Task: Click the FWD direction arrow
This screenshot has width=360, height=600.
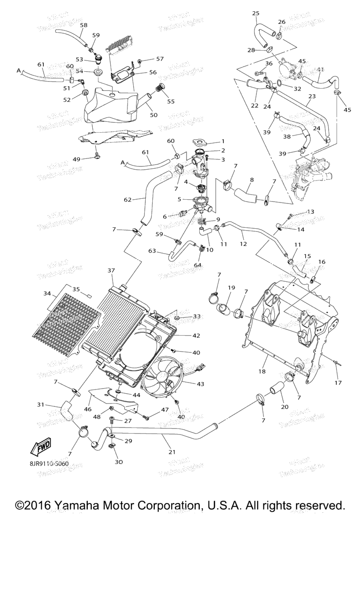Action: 41,447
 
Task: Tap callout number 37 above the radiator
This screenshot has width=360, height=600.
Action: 111,270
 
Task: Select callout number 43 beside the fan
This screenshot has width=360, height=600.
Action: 200,384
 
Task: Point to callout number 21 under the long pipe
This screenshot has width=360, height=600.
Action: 172,452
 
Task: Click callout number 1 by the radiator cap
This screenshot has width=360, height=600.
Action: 223,141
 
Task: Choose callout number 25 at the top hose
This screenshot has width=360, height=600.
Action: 255,13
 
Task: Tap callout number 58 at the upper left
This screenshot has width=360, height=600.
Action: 84,25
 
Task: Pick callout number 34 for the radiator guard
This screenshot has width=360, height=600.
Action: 47,293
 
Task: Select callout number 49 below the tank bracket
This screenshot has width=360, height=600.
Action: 77,159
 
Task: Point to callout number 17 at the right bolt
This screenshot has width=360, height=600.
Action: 338,382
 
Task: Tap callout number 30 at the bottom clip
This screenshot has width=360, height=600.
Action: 119,462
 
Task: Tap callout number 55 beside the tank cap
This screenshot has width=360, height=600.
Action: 171,101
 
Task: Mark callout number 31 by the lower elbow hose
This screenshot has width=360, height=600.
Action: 41,404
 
